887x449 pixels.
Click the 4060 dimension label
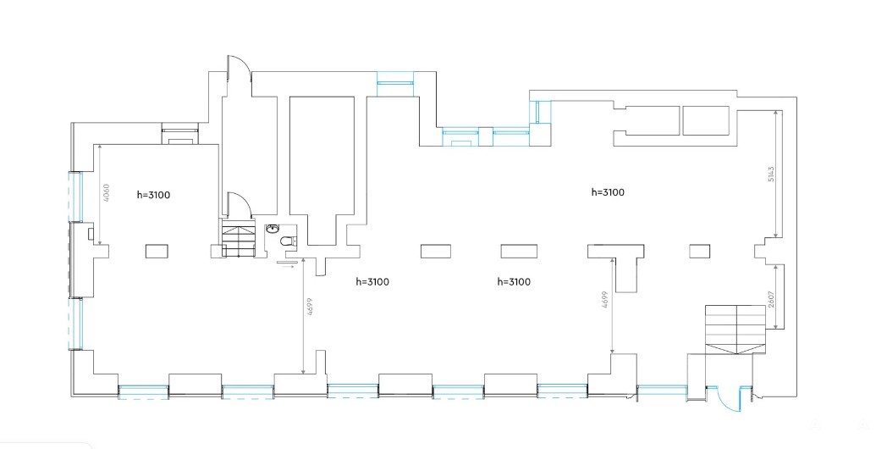click(x=106, y=194)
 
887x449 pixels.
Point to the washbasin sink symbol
click(x=273, y=229)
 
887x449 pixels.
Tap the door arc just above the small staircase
click(x=238, y=203)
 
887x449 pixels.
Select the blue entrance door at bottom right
click(x=726, y=398)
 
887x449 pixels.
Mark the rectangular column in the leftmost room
click(x=157, y=251)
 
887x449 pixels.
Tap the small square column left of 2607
click(x=698, y=251)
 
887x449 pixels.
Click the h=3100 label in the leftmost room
click(x=154, y=195)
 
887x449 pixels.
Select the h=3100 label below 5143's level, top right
click(x=607, y=192)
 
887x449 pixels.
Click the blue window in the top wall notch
click(x=394, y=81)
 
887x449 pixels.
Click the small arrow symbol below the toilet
click(x=285, y=263)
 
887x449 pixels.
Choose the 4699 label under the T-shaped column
click(x=605, y=302)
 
